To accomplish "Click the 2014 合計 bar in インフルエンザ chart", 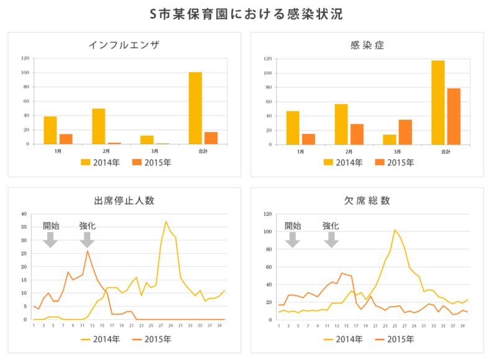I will [x=196, y=108].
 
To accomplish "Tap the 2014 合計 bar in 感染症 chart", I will [x=438, y=102].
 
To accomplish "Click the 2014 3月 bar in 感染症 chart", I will [x=390, y=139].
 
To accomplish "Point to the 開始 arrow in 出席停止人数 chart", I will [x=50, y=240].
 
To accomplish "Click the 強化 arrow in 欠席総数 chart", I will [x=332, y=240].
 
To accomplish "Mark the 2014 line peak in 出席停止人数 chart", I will [x=166, y=222].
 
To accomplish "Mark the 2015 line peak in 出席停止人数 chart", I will [x=88, y=251].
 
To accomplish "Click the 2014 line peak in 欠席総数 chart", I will [x=394, y=230].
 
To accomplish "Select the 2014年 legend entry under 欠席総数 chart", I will [x=340, y=339].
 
